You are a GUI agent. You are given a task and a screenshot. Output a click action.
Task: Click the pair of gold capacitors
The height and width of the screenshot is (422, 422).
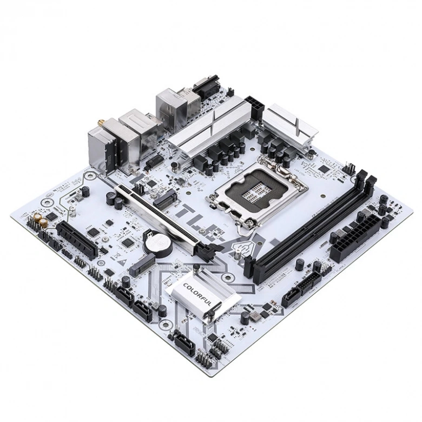[x=39, y=219]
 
